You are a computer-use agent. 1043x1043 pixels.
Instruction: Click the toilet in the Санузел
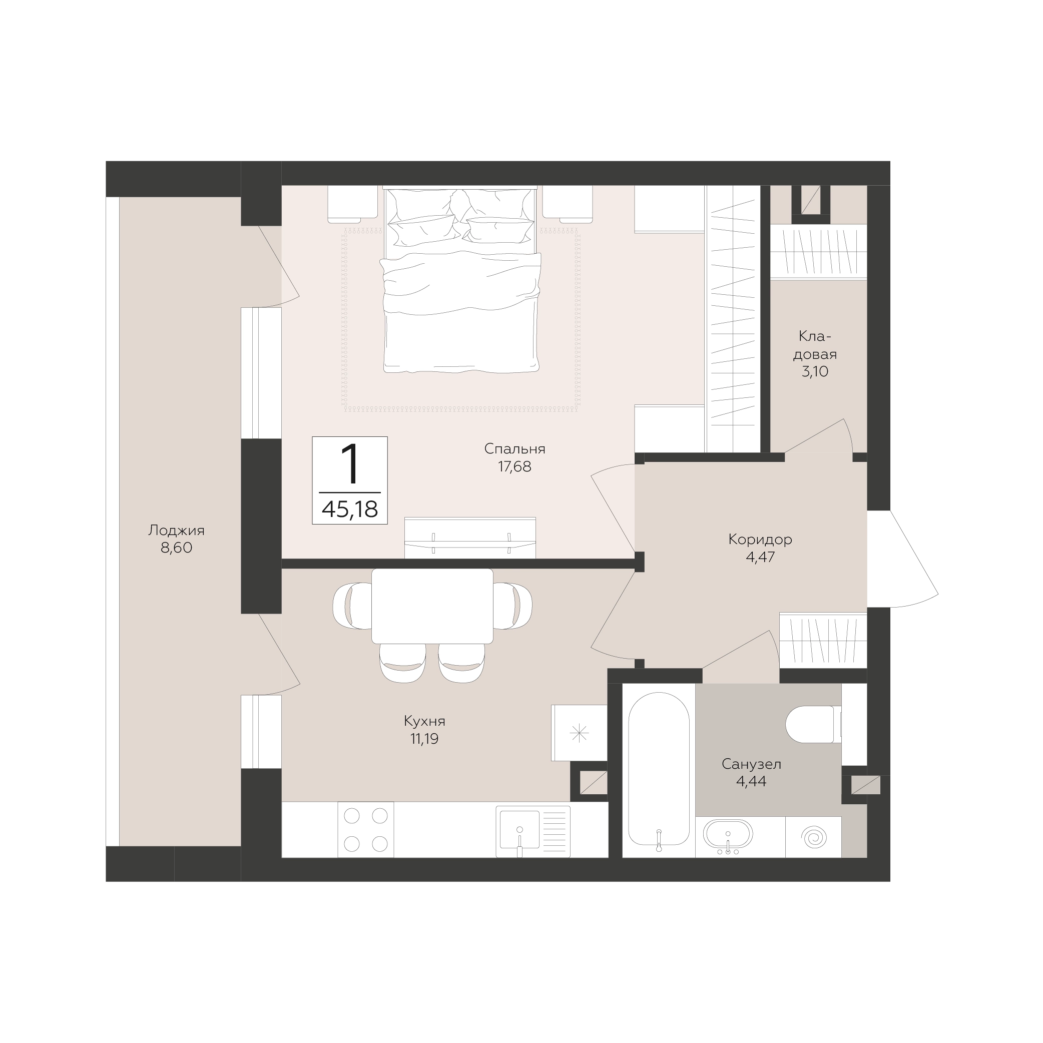tap(814, 724)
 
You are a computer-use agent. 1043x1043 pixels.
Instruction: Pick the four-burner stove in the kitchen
tap(365, 829)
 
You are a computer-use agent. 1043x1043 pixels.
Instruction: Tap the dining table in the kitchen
tap(432, 606)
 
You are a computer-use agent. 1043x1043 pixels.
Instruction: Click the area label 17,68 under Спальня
tap(514, 466)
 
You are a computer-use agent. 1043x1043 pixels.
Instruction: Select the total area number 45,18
tap(350, 509)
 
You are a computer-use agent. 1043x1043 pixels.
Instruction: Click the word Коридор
tap(760, 540)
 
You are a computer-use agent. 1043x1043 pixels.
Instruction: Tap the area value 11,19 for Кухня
tap(424, 739)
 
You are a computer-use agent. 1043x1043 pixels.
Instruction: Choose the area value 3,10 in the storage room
tap(815, 371)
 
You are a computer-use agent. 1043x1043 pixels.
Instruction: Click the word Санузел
tap(752, 764)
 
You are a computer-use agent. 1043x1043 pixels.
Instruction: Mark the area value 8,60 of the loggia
tap(177, 548)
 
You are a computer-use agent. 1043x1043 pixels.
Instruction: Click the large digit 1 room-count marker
tap(351, 464)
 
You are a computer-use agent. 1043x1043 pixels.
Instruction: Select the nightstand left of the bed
tap(352, 204)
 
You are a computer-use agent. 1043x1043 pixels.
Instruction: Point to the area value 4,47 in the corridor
tap(760, 557)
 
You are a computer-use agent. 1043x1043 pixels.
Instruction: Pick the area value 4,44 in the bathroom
tap(752, 782)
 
